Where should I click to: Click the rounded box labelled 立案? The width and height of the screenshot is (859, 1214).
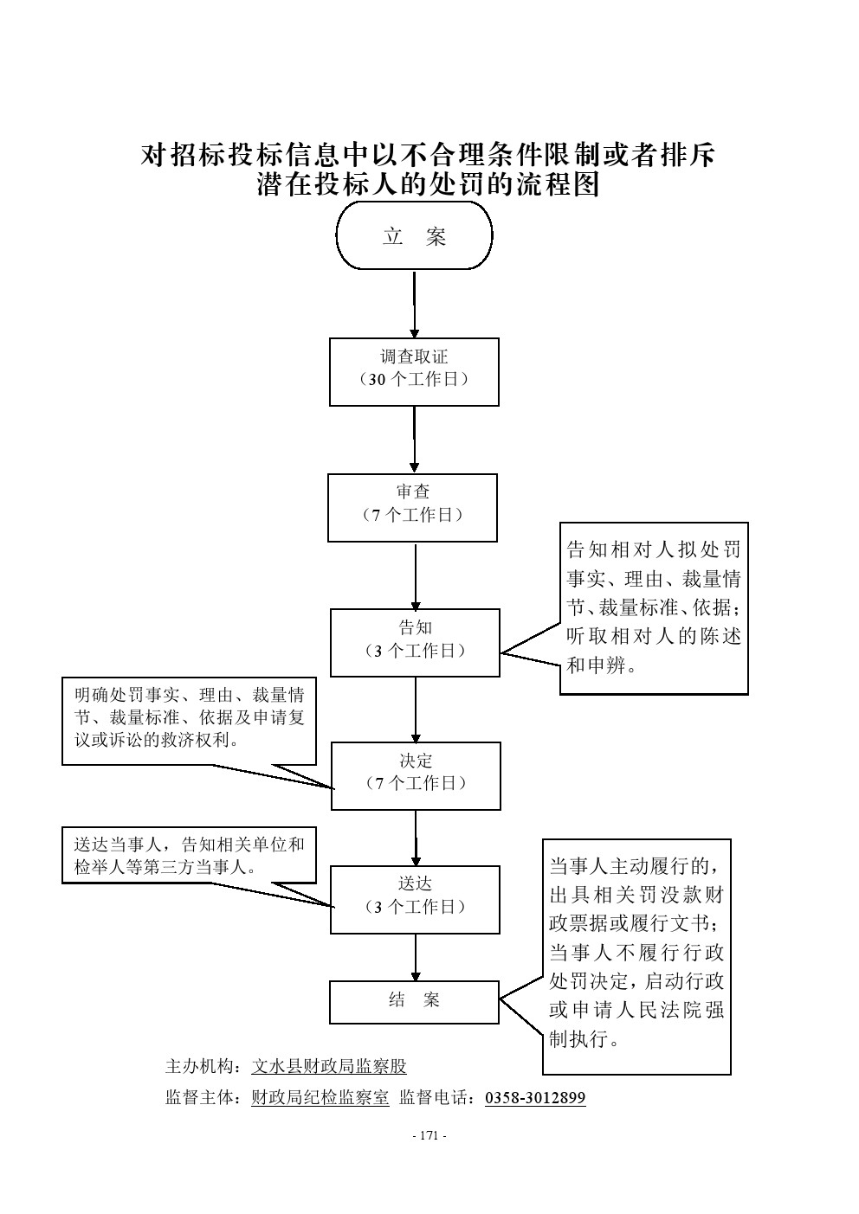click(x=414, y=236)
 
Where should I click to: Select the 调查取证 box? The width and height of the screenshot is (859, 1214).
click(x=414, y=371)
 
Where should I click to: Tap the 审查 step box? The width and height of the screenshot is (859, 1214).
click(x=412, y=507)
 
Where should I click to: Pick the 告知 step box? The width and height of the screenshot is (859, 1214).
click(x=415, y=642)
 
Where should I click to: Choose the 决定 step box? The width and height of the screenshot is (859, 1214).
click(x=416, y=775)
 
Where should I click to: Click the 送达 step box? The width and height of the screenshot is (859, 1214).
click(x=415, y=899)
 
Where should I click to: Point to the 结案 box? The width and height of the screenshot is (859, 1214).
click(x=414, y=1001)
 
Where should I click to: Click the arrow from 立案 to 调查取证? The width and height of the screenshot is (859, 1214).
click(x=414, y=304)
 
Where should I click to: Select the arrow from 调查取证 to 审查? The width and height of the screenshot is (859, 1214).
click(x=414, y=440)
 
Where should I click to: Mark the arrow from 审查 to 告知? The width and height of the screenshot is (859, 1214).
click(x=415, y=575)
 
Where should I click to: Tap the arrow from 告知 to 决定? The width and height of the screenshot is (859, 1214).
click(x=416, y=710)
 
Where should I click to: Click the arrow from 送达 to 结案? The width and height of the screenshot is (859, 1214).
click(x=415, y=957)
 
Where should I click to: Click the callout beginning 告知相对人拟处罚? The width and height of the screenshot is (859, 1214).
click(x=654, y=607)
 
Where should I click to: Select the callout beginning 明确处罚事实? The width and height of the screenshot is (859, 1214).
click(x=189, y=721)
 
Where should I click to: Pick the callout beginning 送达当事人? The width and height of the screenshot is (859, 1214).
click(x=189, y=855)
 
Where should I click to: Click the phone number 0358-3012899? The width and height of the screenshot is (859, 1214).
click(x=535, y=1098)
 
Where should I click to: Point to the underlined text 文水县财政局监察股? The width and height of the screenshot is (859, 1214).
click(x=329, y=1067)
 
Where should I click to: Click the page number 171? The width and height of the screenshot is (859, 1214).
click(x=429, y=1136)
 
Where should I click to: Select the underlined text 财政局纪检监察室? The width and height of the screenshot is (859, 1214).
click(x=320, y=1098)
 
